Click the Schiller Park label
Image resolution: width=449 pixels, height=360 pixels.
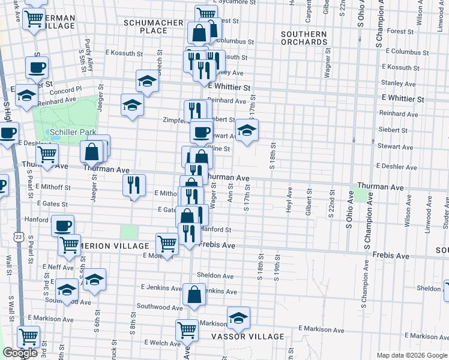click(x=69, y=131)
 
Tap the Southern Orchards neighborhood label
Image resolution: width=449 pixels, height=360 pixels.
click(x=304, y=38)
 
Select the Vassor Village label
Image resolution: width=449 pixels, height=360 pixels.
click(x=247, y=336)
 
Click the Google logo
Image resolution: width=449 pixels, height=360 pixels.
click(x=20, y=353)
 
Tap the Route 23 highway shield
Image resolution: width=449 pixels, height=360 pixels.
click(x=19, y=238)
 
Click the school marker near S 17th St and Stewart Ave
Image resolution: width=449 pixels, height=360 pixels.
click(x=246, y=130)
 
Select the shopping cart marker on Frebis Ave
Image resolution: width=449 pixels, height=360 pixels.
click(x=167, y=243)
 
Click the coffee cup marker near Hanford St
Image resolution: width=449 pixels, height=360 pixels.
click(x=62, y=226)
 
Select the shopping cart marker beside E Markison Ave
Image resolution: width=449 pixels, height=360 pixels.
click(x=187, y=329)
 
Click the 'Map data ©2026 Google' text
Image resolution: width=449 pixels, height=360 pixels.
click(x=411, y=355)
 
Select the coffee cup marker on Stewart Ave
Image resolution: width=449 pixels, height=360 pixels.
click(x=201, y=131)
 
